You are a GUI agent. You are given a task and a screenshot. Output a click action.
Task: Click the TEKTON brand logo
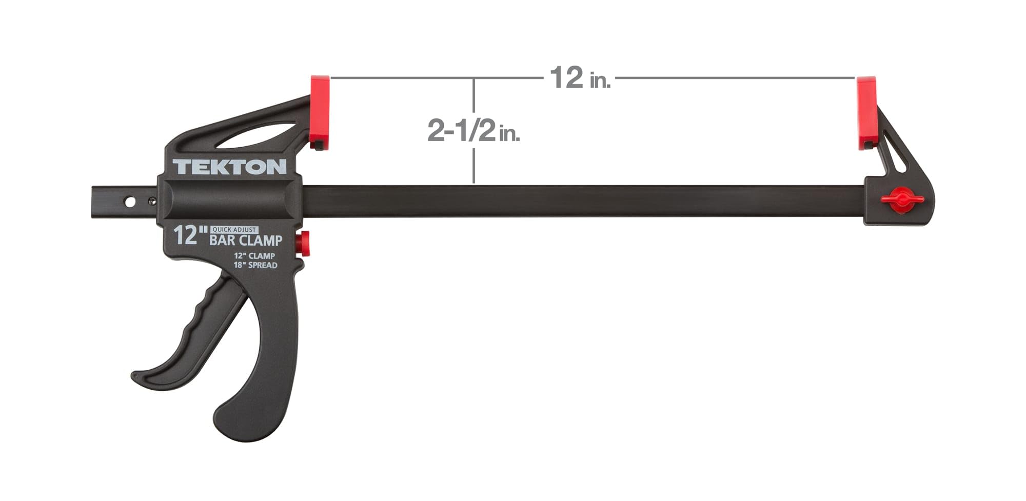coord(229,167)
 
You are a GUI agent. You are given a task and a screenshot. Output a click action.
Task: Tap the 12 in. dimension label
coord(580,78)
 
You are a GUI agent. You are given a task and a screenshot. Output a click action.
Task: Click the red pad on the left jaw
coord(319,112)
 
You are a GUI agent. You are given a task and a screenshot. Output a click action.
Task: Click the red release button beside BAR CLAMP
coord(304,243)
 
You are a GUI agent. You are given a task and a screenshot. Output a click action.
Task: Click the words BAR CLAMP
coord(246,240)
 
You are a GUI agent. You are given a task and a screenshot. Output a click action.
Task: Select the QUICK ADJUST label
coord(234,230)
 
